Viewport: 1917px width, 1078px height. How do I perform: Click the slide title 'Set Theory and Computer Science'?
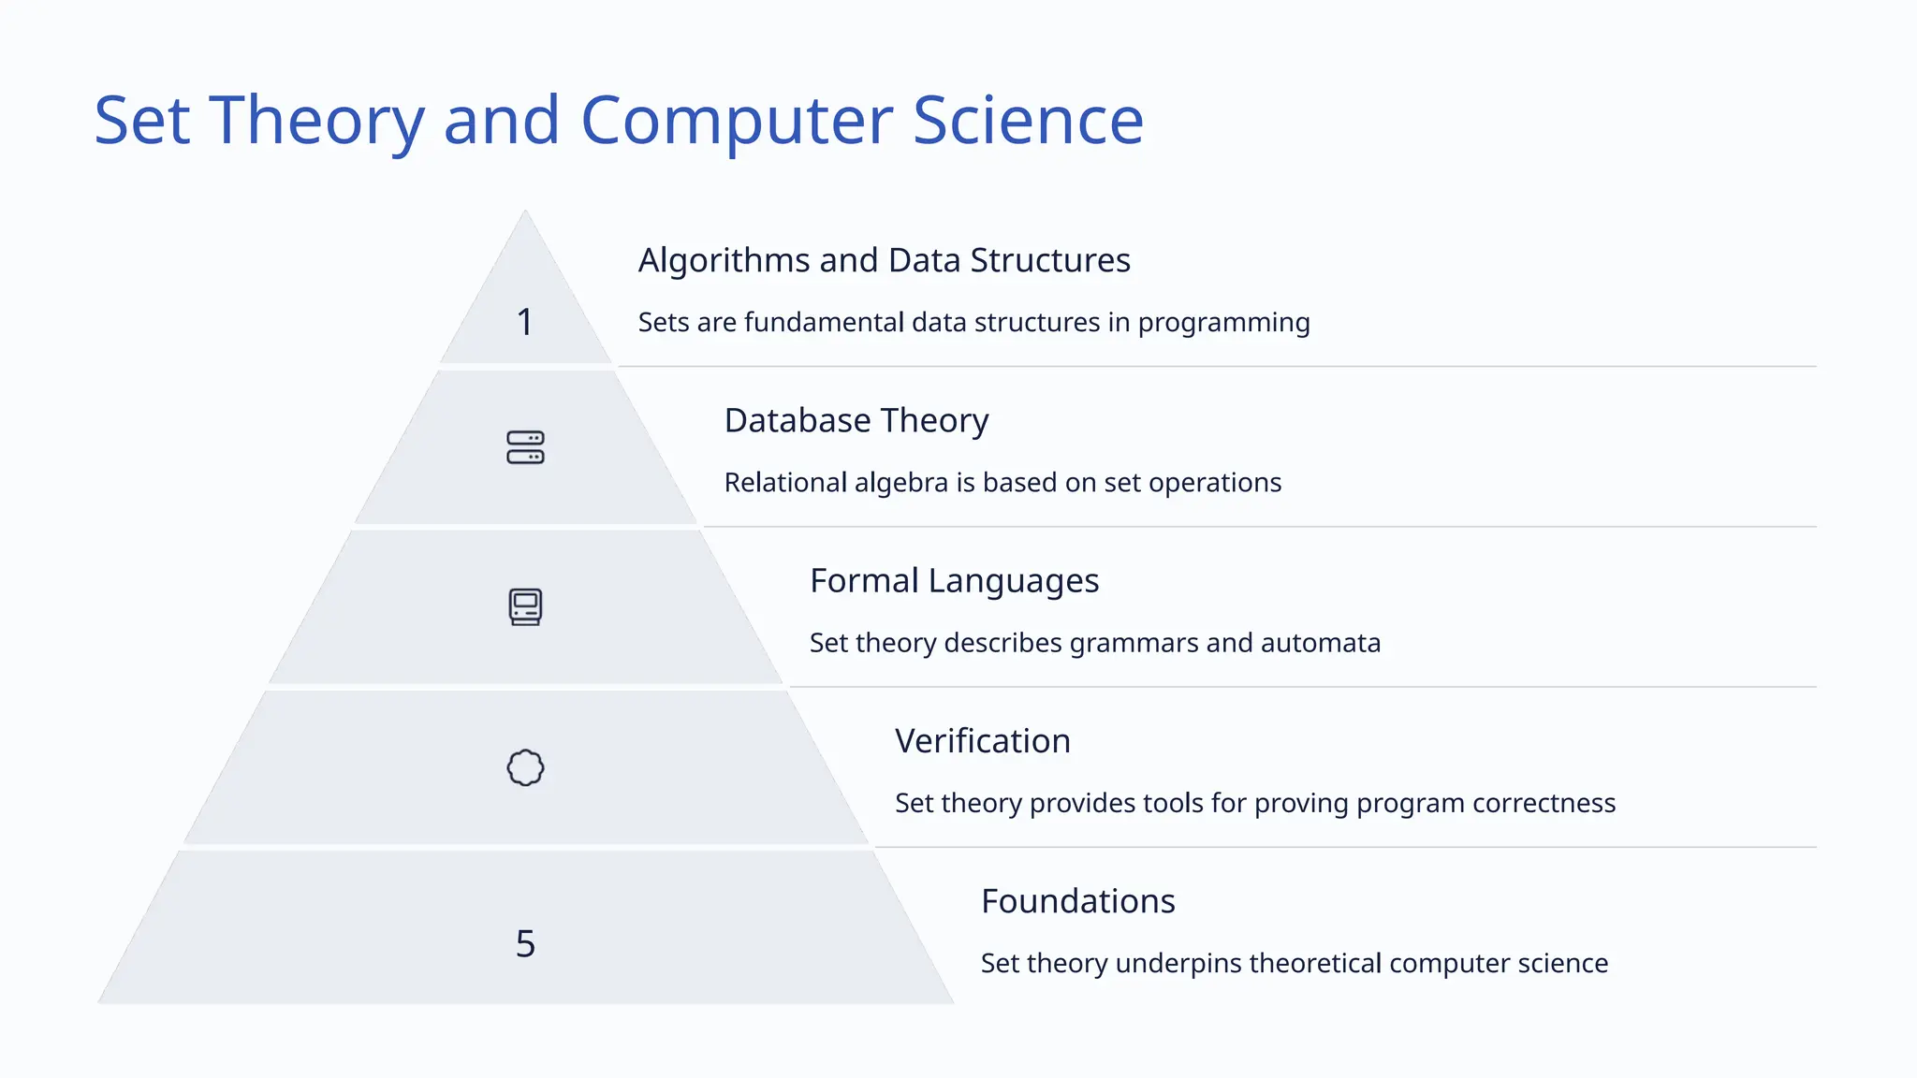[619, 121]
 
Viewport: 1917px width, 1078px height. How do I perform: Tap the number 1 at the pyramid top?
[525, 323]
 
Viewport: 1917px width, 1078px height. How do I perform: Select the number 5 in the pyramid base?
[525, 943]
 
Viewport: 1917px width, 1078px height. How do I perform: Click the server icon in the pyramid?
[525, 447]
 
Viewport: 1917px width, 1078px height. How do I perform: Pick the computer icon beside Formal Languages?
[525, 607]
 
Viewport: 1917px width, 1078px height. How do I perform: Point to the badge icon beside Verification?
[525, 767]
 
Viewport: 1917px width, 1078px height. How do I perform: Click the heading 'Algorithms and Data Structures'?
[884, 260]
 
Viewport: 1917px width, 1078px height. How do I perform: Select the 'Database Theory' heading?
[856, 421]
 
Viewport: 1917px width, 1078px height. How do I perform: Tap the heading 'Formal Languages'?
[954, 581]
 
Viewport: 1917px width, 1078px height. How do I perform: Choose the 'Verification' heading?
[982, 741]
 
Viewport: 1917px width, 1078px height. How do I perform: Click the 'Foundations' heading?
[1077, 901]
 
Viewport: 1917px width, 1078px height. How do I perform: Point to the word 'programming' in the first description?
[1223, 323]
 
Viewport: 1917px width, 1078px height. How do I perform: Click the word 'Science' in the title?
[1028, 121]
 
